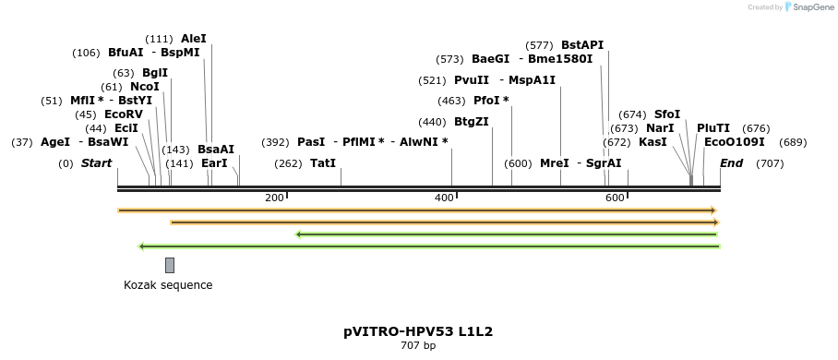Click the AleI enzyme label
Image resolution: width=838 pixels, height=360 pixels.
[x=194, y=39]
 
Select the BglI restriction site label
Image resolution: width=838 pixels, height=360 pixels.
[x=154, y=73]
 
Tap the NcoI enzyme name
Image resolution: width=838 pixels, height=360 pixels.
[x=144, y=87]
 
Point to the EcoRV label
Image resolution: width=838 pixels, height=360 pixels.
[x=124, y=114]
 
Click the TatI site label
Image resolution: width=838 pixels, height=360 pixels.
[x=323, y=163]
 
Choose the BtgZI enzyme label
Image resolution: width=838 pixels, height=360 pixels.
[x=472, y=122]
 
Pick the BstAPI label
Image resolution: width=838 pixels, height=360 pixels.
[x=582, y=44]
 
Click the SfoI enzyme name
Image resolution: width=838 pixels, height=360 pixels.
[x=667, y=114]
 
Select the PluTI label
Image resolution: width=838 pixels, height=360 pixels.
[x=713, y=128]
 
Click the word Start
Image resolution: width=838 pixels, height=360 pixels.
[x=97, y=163]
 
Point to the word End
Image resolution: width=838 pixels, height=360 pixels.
[x=731, y=163]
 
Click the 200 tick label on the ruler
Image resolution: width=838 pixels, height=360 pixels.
[x=274, y=198]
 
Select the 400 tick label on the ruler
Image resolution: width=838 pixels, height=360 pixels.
[x=444, y=198]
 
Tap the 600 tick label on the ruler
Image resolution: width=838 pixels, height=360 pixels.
[x=615, y=198]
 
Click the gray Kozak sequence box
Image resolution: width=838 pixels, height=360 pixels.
[x=170, y=265]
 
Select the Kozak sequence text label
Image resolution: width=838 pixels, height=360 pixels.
[x=168, y=285]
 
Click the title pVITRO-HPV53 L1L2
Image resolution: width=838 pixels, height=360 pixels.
[x=419, y=330]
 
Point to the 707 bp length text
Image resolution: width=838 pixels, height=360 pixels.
[x=418, y=346]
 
